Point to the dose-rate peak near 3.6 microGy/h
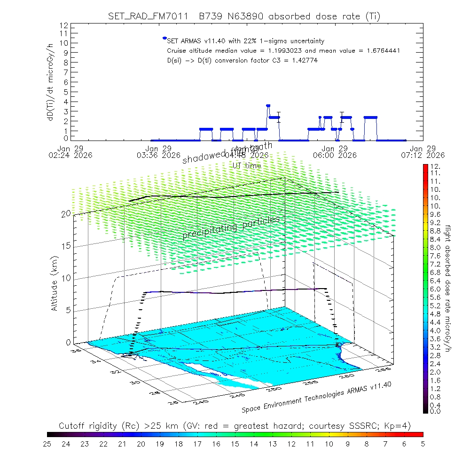click(x=268, y=106)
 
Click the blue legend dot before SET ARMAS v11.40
click(x=164, y=38)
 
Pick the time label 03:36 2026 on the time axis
click(x=159, y=155)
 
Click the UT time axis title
click(x=247, y=165)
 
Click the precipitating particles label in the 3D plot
click(x=231, y=227)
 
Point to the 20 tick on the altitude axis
click(x=66, y=214)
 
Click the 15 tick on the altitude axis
click(x=66, y=246)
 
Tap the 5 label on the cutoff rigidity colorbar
click(x=423, y=443)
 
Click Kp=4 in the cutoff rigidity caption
click(x=401, y=426)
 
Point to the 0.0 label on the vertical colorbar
click(x=434, y=411)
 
